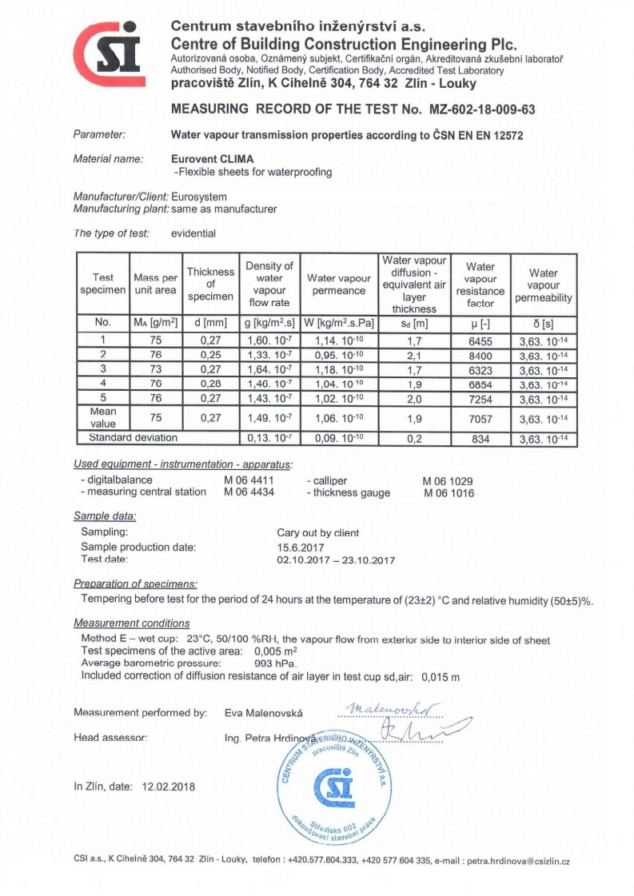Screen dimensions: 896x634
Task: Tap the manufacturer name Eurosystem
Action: (x=199, y=197)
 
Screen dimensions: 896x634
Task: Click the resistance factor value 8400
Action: (x=480, y=354)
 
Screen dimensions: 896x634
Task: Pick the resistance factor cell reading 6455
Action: (x=480, y=339)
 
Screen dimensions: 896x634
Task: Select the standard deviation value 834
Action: (x=480, y=438)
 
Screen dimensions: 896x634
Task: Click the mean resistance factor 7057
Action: (x=480, y=419)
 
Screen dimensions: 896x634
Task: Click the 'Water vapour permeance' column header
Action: (x=339, y=284)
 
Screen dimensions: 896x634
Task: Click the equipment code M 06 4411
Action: (x=249, y=480)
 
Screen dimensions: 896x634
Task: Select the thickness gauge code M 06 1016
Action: (x=448, y=493)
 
